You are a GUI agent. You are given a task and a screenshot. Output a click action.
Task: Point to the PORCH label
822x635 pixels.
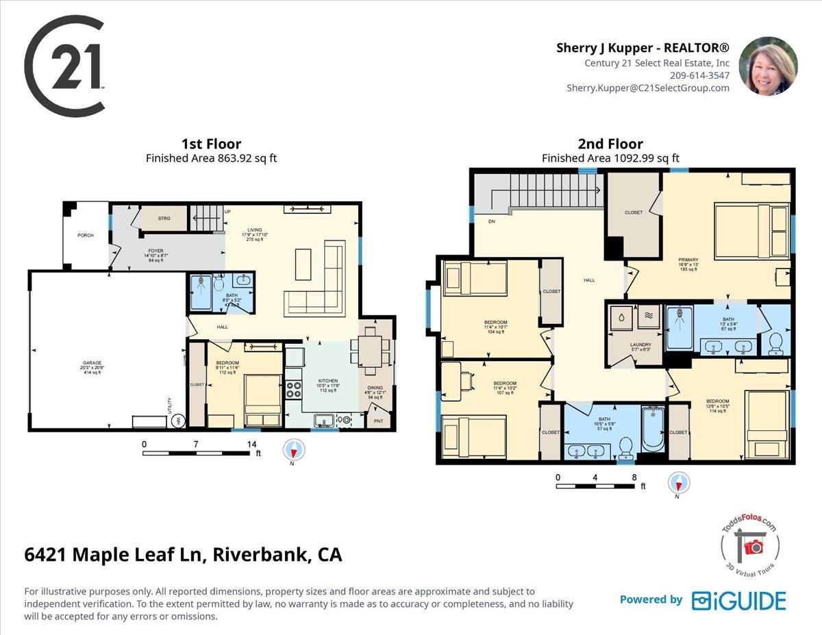pyautogui.click(x=85, y=236)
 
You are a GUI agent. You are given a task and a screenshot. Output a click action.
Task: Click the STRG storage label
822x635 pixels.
pyautogui.click(x=164, y=219)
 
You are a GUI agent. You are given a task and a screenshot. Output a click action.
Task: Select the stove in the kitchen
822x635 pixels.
pyautogui.click(x=295, y=389)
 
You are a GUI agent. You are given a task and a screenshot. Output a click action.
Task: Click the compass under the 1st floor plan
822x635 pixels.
pyautogui.click(x=294, y=450)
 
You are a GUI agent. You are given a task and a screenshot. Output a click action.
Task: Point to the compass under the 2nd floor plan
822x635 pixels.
pyautogui.click(x=677, y=483)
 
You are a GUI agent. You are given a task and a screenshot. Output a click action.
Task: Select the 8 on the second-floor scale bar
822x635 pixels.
pyautogui.click(x=634, y=477)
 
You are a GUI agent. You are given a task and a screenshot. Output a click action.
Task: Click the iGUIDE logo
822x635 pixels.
pyautogui.click(x=738, y=600)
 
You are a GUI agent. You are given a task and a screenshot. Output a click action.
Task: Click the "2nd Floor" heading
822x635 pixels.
pyautogui.click(x=610, y=144)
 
